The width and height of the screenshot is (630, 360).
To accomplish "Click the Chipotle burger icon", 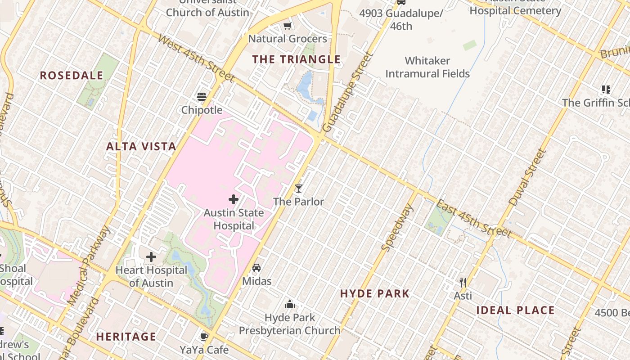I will (201, 97).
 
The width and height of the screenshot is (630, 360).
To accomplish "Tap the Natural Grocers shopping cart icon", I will (288, 26).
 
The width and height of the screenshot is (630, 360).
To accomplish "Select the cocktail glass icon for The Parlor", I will (298, 188).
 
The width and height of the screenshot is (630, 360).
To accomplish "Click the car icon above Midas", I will (256, 268).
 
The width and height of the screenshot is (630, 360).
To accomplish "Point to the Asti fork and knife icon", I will (463, 283).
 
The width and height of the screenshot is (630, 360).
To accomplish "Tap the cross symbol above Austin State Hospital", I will (234, 199).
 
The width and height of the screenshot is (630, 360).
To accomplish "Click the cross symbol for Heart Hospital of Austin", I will (151, 257).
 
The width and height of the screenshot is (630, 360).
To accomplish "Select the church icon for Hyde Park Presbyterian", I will (290, 305).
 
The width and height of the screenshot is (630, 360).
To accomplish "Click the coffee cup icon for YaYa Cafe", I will (204, 337).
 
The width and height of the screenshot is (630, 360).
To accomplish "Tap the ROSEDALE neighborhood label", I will (72, 76).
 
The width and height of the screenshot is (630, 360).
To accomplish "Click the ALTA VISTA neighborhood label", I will (141, 146).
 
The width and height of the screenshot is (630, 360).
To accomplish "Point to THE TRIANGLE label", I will (296, 59).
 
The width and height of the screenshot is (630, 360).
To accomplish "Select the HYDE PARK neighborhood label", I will (375, 294).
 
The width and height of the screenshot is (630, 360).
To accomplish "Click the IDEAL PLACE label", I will (515, 310).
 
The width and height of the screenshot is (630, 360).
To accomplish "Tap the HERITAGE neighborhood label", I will (126, 337).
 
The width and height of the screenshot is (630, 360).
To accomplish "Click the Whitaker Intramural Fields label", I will (427, 67).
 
